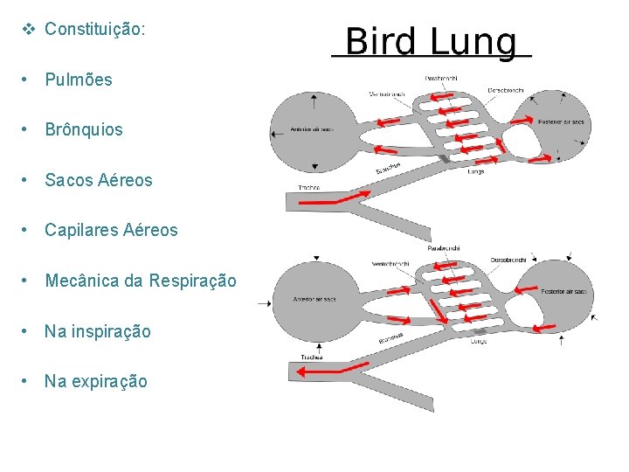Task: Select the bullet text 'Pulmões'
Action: click(x=79, y=80)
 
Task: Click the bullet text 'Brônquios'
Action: click(x=84, y=129)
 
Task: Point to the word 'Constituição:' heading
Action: click(x=95, y=29)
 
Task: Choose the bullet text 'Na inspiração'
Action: click(x=98, y=331)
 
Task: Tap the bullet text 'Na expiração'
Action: click(x=96, y=381)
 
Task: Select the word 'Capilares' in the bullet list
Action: click(x=80, y=231)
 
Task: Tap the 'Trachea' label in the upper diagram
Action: click(x=309, y=187)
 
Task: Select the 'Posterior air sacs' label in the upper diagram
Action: click(x=561, y=121)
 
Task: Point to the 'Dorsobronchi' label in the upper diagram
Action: click(x=506, y=89)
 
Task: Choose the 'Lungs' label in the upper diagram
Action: click(x=476, y=171)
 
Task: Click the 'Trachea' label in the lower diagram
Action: click(x=312, y=357)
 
